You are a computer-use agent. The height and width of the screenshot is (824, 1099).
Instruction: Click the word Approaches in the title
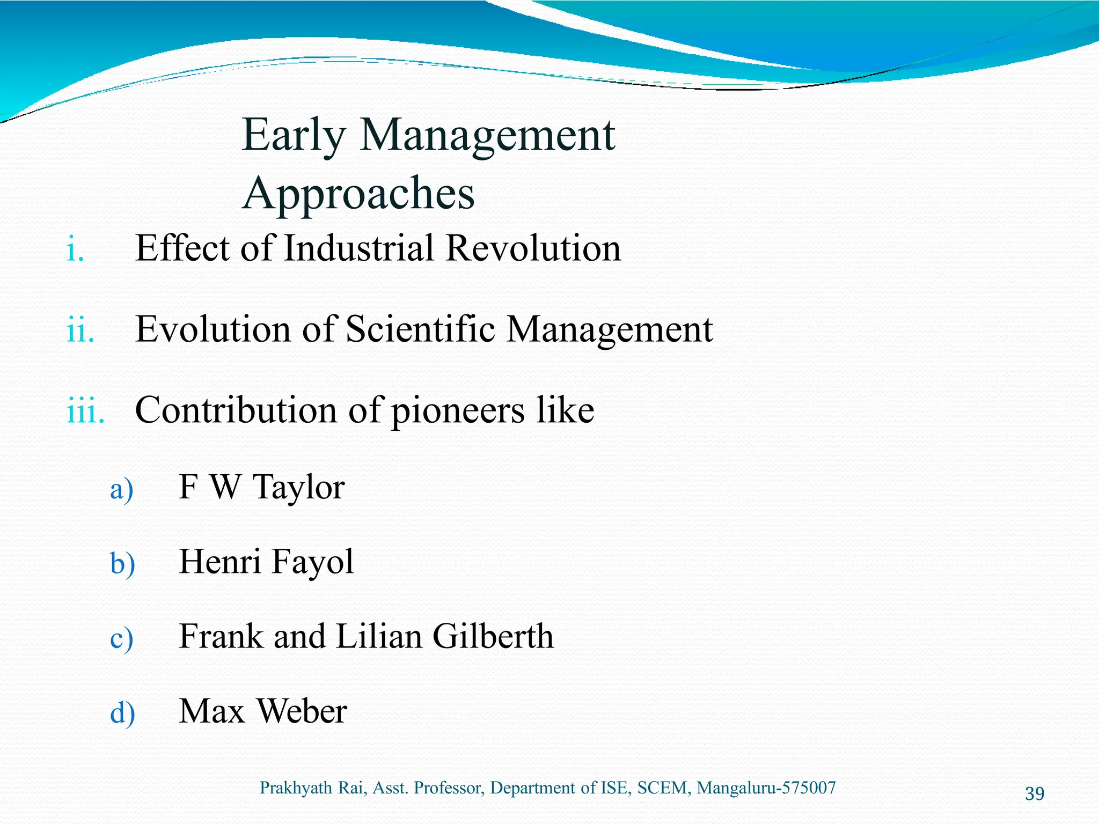point(358,194)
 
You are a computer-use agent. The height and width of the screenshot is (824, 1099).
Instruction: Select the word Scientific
point(420,329)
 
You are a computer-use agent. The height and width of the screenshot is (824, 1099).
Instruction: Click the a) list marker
point(122,489)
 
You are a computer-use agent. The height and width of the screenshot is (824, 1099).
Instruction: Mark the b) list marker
point(122,564)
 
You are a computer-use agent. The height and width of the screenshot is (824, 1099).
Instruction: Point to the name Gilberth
point(493,637)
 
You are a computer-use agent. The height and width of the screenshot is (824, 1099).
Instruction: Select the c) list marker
point(121,639)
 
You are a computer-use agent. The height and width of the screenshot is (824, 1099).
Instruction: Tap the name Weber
point(302,712)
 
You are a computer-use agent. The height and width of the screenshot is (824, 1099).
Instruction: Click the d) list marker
point(122,713)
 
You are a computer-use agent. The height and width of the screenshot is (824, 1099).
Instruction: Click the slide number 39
point(1034,793)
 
